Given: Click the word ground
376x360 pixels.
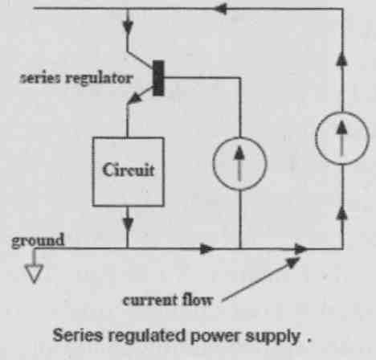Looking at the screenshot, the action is tap(38, 240).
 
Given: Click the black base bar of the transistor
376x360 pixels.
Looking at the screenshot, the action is tap(158, 78).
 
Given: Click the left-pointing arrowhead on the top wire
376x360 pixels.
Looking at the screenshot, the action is tap(221, 9).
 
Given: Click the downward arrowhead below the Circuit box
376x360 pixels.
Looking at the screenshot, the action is tap(128, 224).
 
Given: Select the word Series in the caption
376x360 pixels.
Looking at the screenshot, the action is tap(78, 335).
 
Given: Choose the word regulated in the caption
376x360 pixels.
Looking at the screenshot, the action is tap(147, 336).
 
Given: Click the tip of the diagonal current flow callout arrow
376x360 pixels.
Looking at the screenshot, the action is tap(300, 258).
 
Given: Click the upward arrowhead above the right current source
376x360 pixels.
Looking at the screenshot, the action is tap(342, 59).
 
